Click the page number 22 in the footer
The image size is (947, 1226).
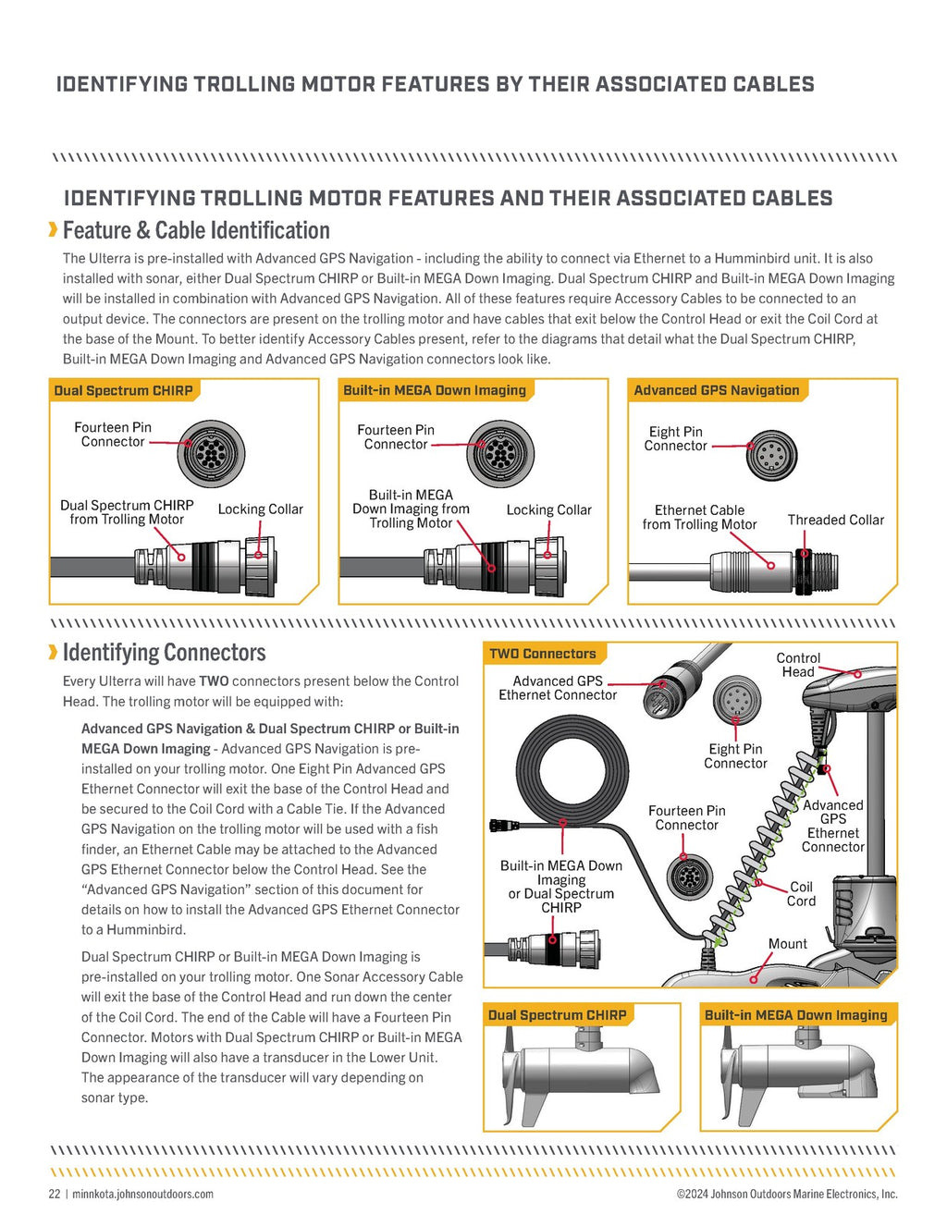(54, 1194)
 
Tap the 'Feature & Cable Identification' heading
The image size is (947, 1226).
(195, 230)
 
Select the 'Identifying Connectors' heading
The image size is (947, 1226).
(164, 653)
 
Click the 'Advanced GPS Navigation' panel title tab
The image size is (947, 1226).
(716, 390)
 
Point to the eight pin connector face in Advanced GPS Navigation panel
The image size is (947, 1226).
(771, 455)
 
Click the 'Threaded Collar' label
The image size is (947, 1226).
(835, 521)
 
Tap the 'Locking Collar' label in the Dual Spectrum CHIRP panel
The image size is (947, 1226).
(260, 509)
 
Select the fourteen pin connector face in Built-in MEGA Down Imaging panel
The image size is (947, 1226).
(500, 454)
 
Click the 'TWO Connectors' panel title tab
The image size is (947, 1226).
(543, 654)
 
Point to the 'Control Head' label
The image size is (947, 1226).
(797, 665)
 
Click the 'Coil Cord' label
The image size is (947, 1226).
(801, 894)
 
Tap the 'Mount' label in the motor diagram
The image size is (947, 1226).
(787, 944)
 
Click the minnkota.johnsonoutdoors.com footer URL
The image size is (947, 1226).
(142, 1194)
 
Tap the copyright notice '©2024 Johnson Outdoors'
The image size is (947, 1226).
(786, 1194)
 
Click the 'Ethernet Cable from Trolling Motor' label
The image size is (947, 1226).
(699, 518)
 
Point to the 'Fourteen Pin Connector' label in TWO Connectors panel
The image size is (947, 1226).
(686, 818)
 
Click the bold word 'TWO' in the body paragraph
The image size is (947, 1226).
(214, 681)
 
